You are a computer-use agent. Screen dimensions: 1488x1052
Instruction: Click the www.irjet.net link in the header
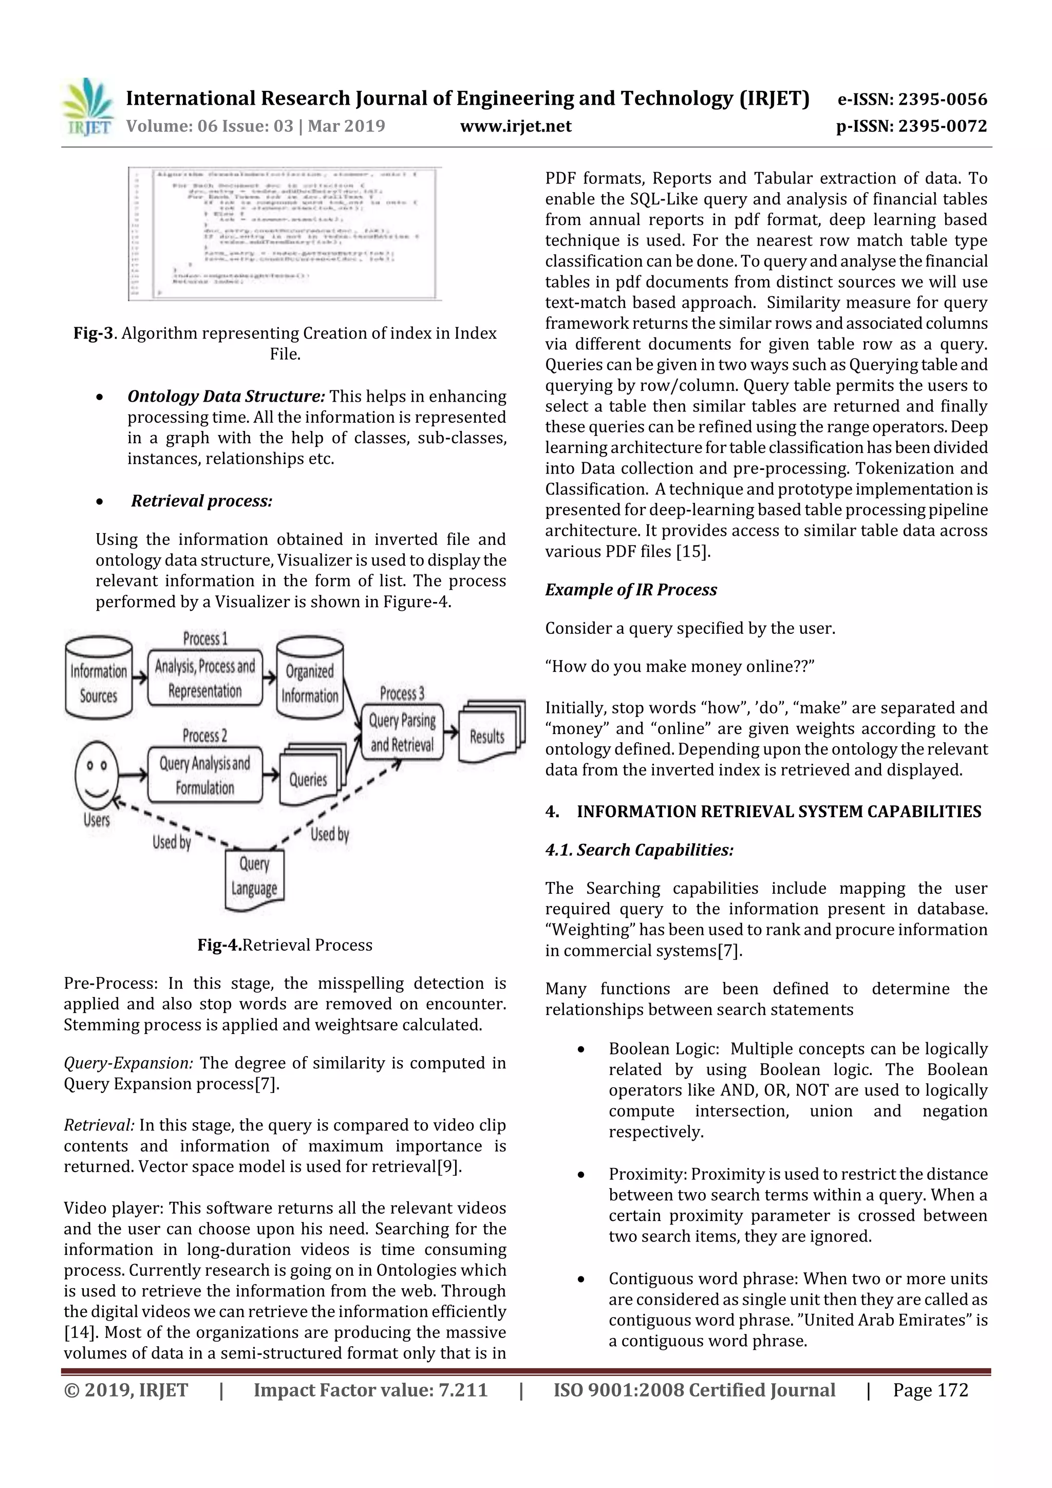(515, 126)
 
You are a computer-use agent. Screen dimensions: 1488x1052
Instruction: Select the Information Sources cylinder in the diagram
(99, 677)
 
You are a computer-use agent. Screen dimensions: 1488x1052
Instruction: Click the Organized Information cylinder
(310, 678)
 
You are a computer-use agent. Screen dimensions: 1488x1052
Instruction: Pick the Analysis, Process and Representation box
(205, 679)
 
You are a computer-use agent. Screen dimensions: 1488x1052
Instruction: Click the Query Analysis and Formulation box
(205, 776)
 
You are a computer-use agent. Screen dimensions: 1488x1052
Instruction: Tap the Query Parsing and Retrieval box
(402, 732)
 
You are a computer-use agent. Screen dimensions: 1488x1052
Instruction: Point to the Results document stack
(490, 732)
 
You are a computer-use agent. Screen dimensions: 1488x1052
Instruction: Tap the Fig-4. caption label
(219, 945)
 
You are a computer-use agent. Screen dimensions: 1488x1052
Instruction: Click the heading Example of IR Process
(630, 590)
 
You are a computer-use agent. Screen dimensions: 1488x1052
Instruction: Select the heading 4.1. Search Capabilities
(638, 850)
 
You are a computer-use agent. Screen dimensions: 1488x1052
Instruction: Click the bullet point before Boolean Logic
(581, 1049)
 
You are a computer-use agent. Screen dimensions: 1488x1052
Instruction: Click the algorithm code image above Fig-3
(285, 233)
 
